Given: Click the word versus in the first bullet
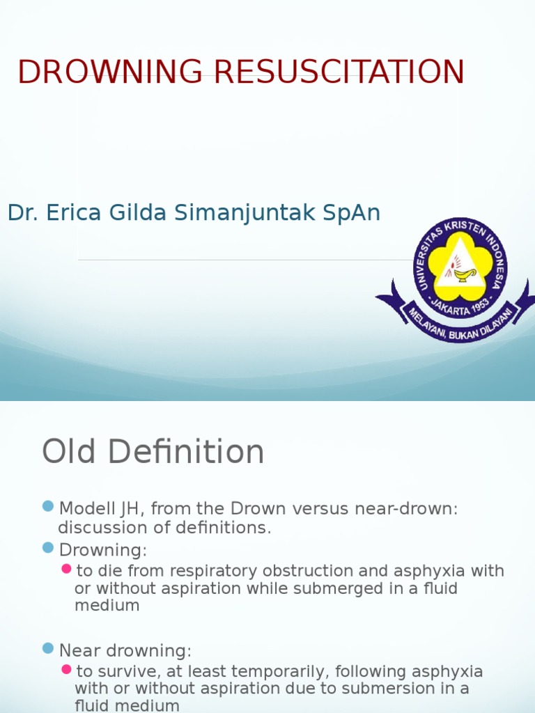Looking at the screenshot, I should click(317, 509).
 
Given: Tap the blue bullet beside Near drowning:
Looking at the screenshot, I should click(48, 648).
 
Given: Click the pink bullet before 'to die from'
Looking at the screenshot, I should click(66, 569).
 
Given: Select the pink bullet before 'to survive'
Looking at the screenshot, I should click(66, 669).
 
